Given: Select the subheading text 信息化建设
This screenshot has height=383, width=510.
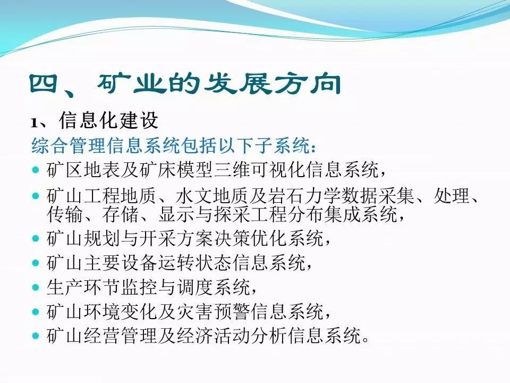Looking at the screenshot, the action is (108, 120).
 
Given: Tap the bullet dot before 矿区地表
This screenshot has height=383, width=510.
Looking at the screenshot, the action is (36, 170).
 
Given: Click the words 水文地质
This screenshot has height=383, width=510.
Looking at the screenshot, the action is (212, 196).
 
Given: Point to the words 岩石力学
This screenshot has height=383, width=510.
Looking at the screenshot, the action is (305, 196).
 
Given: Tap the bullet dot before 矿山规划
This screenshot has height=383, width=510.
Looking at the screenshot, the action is (36, 239).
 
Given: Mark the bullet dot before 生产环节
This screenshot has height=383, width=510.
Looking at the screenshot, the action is (36, 288).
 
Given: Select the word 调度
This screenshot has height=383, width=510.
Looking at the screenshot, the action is (195, 287).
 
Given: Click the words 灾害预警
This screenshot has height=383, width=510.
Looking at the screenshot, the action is (214, 312).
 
